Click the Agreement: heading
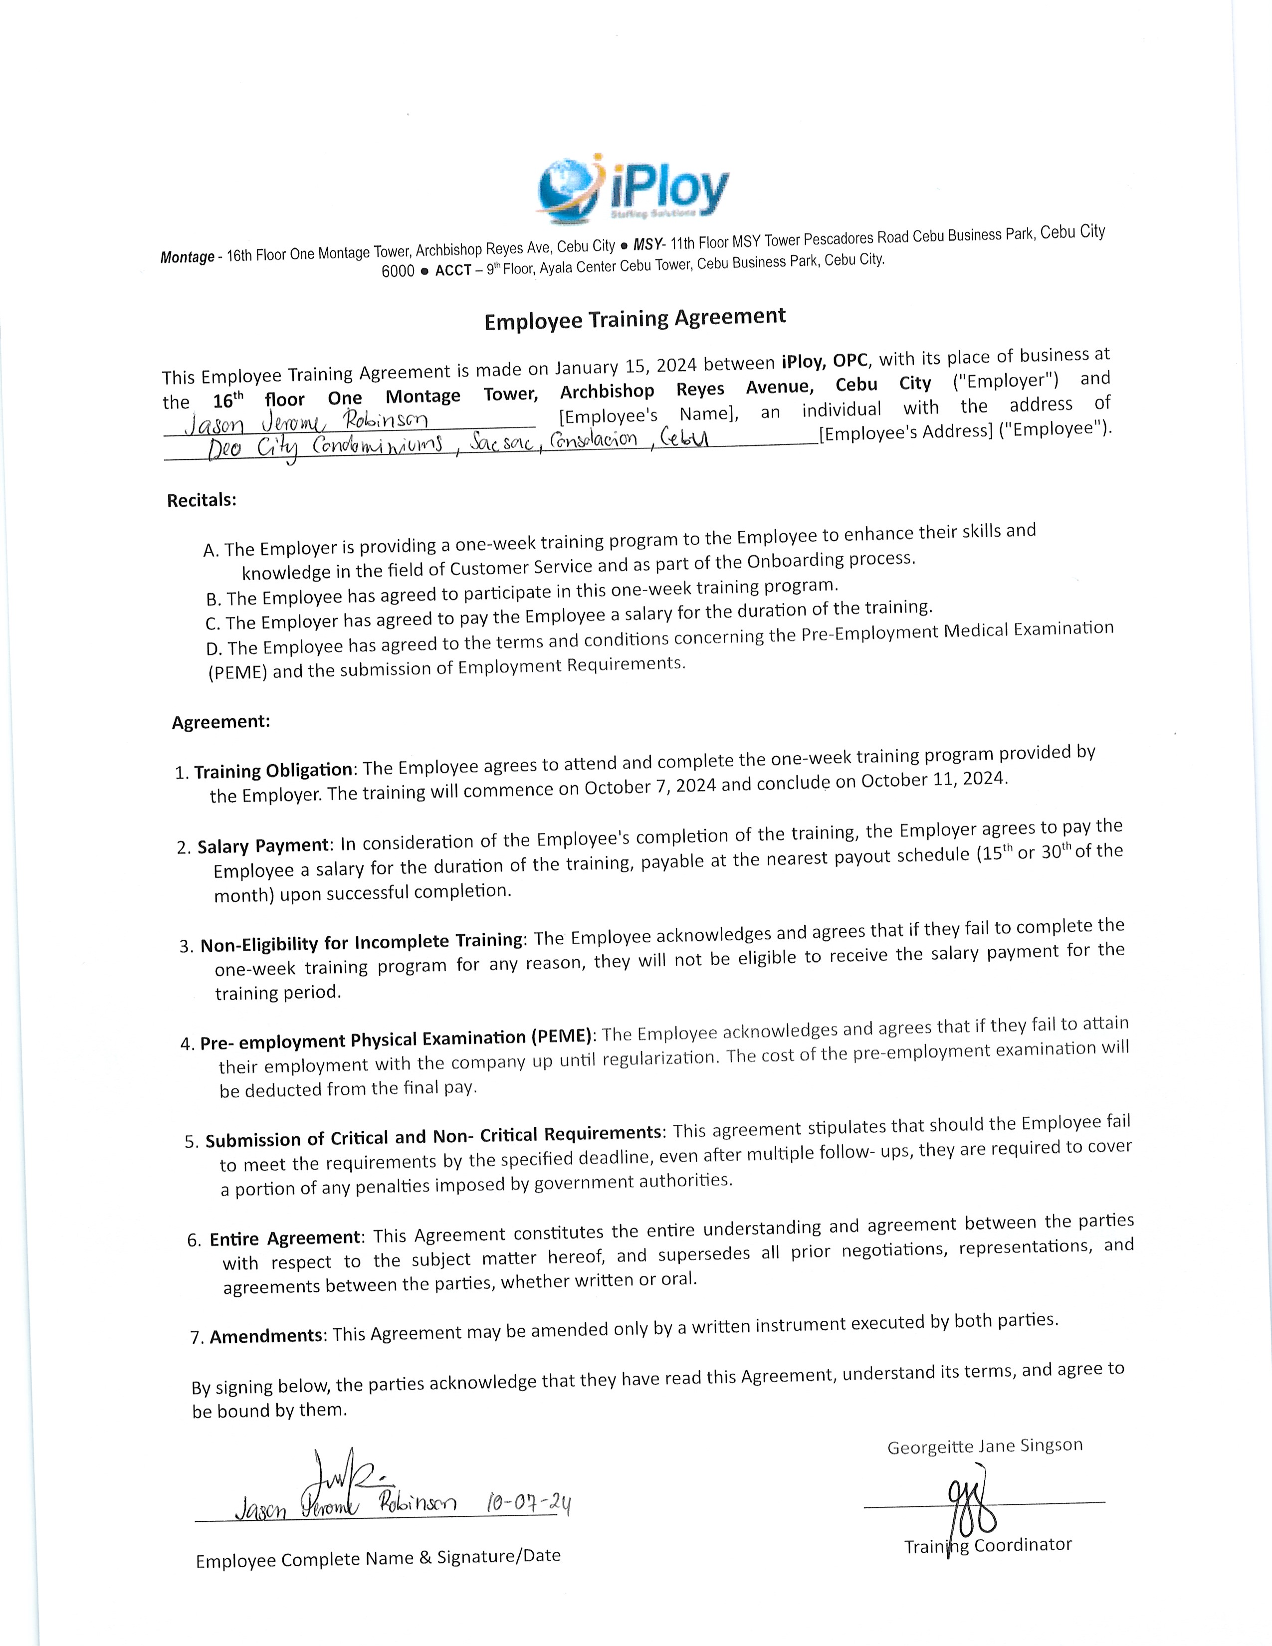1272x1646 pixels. (221, 722)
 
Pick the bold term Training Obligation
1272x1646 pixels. (273, 770)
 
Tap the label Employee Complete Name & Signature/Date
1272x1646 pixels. (378, 1557)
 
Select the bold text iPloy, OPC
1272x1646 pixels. (825, 361)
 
